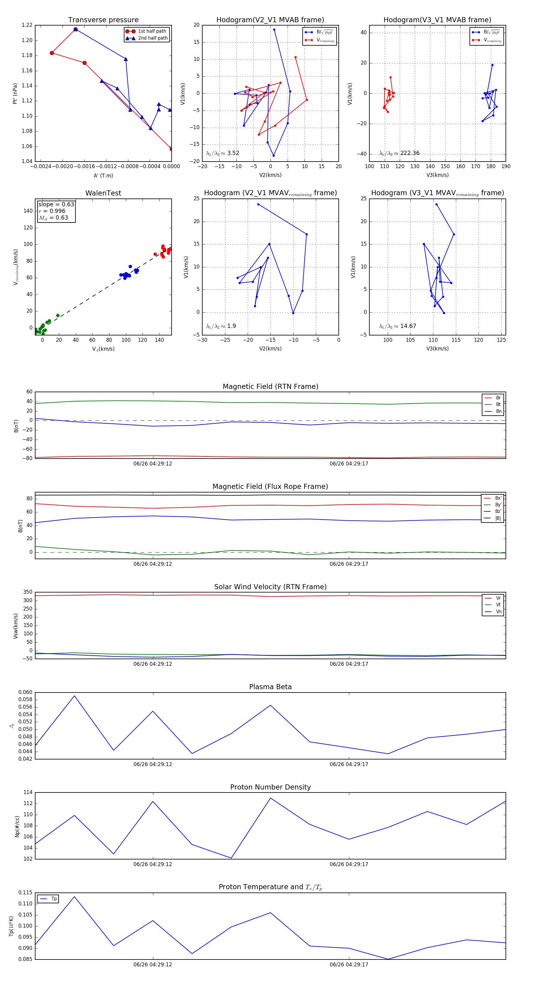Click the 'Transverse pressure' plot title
(103, 20)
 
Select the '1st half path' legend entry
(152, 31)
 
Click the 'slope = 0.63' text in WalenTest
(56, 204)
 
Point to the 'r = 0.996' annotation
(52, 211)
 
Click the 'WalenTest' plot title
(103, 193)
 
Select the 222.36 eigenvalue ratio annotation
(409, 153)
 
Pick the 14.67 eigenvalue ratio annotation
(408, 326)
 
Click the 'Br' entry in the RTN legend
(498, 398)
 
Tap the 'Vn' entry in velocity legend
(498, 612)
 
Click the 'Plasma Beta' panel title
(270, 687)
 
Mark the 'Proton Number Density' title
(270, 787)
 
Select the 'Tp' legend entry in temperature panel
(53, 899)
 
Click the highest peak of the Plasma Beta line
(74, 696)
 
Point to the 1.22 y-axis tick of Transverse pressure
(27, 25)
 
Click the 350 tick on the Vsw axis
(27, 592)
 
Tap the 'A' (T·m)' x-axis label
(103, 176)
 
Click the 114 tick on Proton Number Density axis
(28, 792)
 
